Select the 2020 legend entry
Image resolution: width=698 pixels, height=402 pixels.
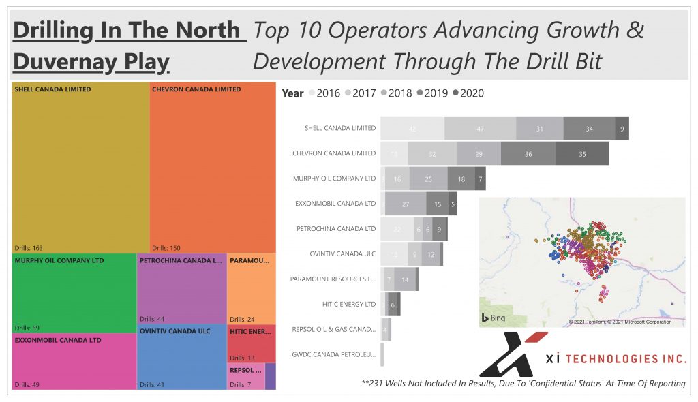(x=468, y=93)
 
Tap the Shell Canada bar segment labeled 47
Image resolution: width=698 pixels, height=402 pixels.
(x=480, y=128)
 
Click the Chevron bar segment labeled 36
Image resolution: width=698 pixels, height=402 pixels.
(x=528, y=154)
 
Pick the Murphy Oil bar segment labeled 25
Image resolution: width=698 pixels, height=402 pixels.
(x=428, y=179)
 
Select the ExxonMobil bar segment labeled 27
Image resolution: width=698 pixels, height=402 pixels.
(x=405, y=204)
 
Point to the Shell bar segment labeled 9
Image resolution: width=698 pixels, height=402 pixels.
(x=622, y=128)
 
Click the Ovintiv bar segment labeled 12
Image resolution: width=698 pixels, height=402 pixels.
(x=431, y=254)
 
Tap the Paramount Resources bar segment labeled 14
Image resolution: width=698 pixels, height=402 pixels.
(x=405, y=279)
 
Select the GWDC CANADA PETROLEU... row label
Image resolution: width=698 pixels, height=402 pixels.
(x=333, y=354)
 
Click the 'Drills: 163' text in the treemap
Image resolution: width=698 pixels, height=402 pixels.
(x=29, y=248)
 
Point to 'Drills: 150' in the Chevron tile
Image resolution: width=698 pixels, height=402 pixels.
(x=168, y=248)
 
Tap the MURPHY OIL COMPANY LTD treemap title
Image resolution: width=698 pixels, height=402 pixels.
(x=59, y=260)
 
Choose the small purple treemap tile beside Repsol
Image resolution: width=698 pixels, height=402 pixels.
(x=271, y=376)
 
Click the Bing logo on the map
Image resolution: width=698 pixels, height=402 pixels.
(x=494, y=318)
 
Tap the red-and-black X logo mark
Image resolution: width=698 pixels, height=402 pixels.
(x=513, y=354)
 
